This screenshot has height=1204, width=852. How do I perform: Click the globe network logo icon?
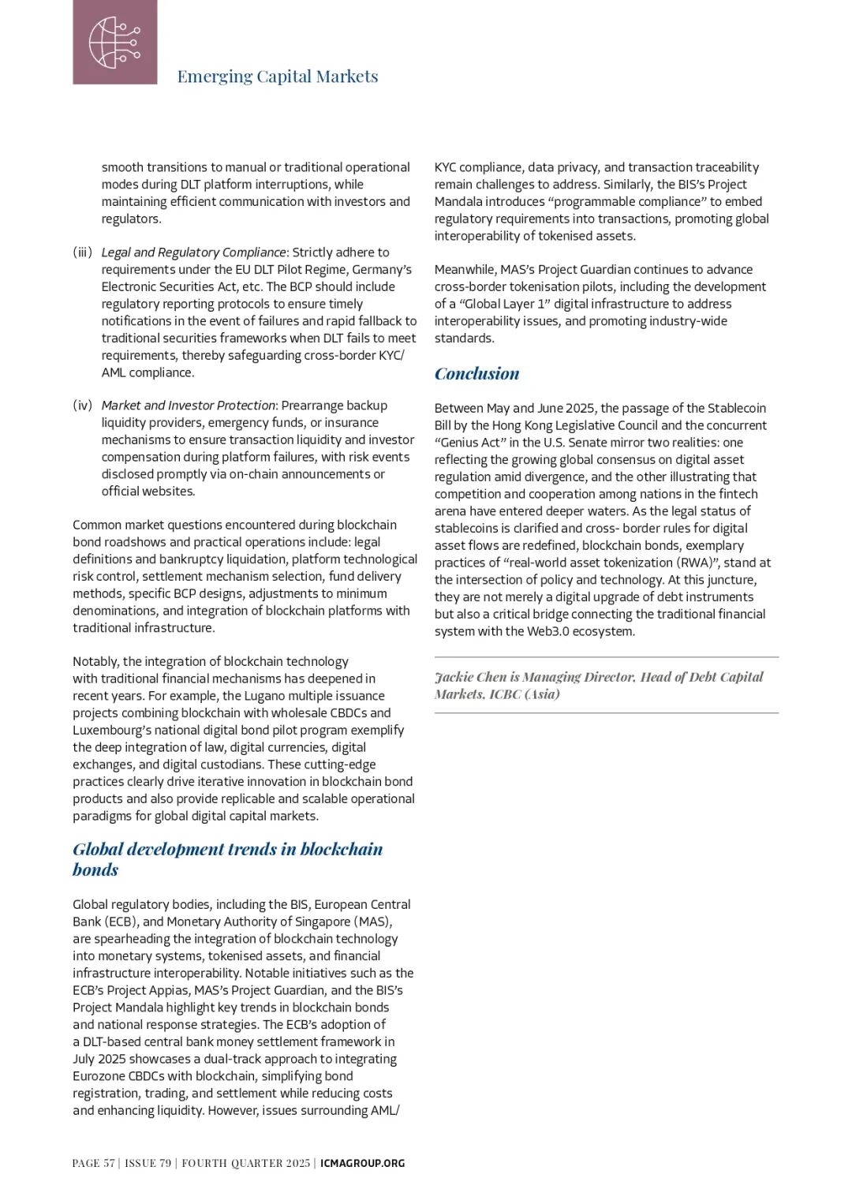click(x=114, y=42)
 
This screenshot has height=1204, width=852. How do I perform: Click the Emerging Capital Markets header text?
click(x=277, y=77)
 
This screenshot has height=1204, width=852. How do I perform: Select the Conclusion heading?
click(x=476, y=374)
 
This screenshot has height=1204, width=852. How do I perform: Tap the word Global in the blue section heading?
click(x=98, y=850)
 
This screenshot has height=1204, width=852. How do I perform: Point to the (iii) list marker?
click(x=83, y=252)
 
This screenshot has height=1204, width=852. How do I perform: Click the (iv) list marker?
click(x=83, y=406)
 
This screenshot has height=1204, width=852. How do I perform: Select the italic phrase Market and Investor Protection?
click(x=189, y=406)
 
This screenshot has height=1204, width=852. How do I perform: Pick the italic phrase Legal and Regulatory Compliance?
click(x=193, y=252)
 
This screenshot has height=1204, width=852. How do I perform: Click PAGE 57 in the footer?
click(x=93, y=1163)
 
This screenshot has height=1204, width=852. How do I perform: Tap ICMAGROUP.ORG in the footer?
click(x=362, y=1163)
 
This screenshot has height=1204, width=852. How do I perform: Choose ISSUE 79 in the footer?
click(x=148, y=1163)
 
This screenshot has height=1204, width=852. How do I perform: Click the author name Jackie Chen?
click(x=470, y=677)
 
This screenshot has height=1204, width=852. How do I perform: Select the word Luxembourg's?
click(x=111, y=731)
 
